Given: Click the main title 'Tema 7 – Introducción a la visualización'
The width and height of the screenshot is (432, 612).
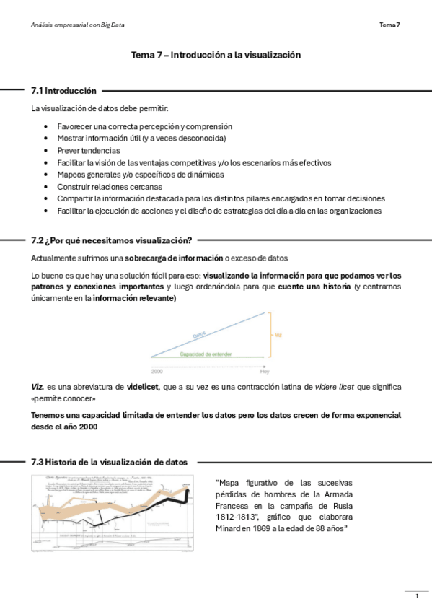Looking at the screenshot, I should [x=216, y=55].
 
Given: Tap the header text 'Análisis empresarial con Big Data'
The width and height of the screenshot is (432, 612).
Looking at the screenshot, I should [x=78, y=25].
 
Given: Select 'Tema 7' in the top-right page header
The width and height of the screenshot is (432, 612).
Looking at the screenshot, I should [x=389, y=25].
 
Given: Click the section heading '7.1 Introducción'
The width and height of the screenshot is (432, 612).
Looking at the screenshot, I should [x=63, y=91].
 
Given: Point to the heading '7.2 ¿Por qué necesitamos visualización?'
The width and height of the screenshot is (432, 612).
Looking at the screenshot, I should [x=111, y=240].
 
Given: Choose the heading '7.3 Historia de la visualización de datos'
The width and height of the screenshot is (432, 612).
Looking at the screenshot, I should [x=109, y=462].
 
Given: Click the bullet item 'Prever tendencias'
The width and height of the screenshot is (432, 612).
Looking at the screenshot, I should [x=89, y=150].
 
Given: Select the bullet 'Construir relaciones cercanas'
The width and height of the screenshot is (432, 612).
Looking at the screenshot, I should [x=110, y=186].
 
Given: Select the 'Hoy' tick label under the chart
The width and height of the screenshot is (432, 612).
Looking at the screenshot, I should [x=265, y=370].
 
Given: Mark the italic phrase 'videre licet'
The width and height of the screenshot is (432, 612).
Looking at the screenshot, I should [x=338, y=387].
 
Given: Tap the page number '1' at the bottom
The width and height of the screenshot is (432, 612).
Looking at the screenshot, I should [x=417, y=596].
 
